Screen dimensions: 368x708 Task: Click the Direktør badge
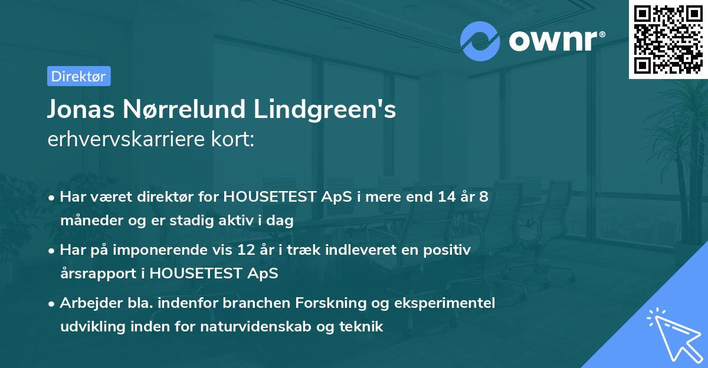[x=78, y=76]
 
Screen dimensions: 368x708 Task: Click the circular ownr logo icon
[x=480, y=41]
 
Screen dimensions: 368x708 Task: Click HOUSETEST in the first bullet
[x=270, y=197]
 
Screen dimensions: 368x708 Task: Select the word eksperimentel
[x=449, y=303]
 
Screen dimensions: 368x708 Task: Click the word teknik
[x=361, y=326]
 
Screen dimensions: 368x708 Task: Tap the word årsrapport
[x=96, y=273]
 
